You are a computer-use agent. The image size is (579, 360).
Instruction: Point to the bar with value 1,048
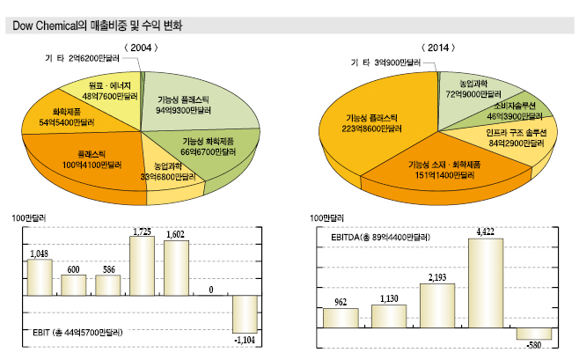[x=40, y=276]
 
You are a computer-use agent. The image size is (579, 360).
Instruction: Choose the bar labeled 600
[x=74, y=284]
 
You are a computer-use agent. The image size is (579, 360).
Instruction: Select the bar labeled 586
[x=107, y=285]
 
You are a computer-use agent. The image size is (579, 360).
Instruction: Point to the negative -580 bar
[x=533, y=333]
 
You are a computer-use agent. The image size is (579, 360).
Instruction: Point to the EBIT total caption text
[x=73, y=334]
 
